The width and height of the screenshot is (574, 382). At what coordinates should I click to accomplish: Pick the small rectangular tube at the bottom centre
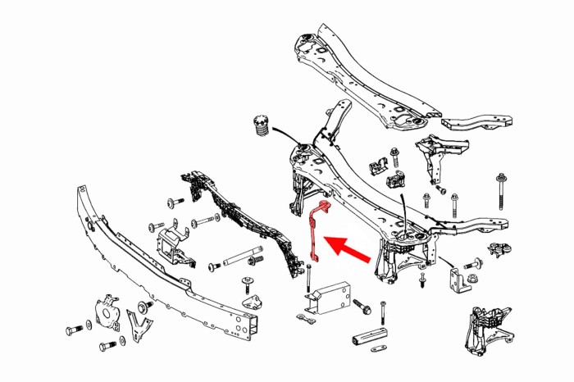pos(374,339)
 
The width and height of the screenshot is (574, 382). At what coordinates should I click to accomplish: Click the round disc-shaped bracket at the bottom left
pos(107,312)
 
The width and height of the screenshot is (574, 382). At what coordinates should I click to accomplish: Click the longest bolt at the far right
pos(500,192)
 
